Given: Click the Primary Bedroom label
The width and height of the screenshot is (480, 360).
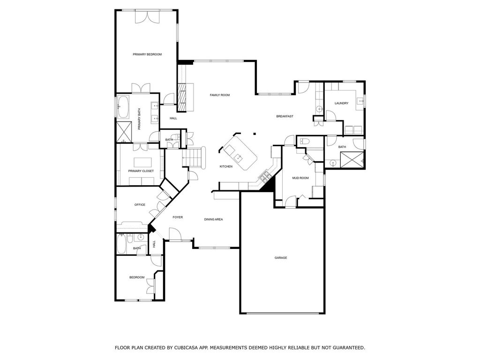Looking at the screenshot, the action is [x=147, y=54].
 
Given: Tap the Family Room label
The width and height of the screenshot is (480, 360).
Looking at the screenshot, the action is [x=219, y=95].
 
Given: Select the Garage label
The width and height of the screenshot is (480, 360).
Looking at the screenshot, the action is [x=281, y=258].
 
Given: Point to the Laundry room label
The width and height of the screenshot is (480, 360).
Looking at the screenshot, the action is [x=341, y=104].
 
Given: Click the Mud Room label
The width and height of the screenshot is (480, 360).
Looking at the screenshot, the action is [x=300, y=178].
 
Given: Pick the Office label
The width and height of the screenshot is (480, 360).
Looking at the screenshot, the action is [x=140, y=205].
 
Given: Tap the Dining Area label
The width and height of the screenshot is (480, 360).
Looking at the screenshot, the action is [x=213, y=219].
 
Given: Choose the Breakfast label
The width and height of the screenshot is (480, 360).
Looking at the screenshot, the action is [x=285, y=116].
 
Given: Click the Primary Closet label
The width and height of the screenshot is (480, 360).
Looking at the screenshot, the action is [x=141, y=171].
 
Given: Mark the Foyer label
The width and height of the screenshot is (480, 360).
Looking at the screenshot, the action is [x=178, y=217].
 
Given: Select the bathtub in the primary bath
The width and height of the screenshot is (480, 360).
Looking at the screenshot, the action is [x=124, y=107].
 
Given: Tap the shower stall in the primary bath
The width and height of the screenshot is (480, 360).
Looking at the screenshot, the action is [x=124, y=132].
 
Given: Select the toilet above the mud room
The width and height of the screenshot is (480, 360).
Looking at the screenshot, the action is [x=304, y=141].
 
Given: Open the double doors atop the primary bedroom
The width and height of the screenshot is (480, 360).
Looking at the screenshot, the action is [x=147, y=17].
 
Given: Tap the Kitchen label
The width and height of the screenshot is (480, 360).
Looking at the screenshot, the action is [x=226, y=166].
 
